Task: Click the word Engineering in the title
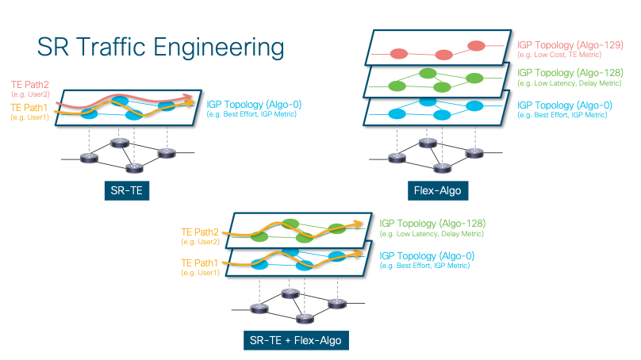click(219, 48)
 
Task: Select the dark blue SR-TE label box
click(127, 190)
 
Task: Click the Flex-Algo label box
click(438, 190)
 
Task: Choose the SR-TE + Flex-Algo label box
click(296, 340)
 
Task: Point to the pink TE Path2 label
click(30, 85)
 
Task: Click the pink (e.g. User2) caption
click(31, 94)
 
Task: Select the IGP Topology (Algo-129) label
click(570, 45)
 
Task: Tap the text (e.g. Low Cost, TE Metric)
click(559, 55)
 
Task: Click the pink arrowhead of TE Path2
click(189, 97)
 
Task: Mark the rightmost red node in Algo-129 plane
click(476, 46)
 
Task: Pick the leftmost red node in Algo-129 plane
click(399, 54)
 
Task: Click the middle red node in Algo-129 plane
click(443, 55)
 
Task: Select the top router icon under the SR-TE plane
click(120, 143)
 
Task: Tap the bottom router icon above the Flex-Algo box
click(442, 167)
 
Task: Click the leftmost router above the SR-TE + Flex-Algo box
click(259, 308)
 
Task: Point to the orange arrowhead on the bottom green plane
click(358, 224)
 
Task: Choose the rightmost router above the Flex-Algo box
click(474, 153)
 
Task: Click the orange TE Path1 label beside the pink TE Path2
click(29, 108)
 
